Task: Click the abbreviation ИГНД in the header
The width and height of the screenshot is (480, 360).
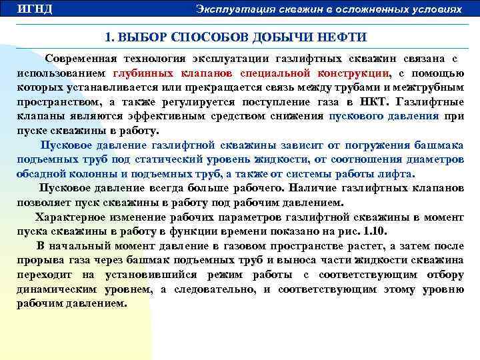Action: point(34,9)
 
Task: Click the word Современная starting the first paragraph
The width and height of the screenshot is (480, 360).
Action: point(85,59)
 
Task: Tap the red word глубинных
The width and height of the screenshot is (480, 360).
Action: point(143,74)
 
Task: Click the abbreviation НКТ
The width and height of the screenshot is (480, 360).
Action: point(369,102)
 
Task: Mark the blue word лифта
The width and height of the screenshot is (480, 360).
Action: point(397,174)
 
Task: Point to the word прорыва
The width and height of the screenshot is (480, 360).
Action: point(39,260)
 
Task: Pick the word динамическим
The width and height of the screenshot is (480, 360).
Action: point(57,289)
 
